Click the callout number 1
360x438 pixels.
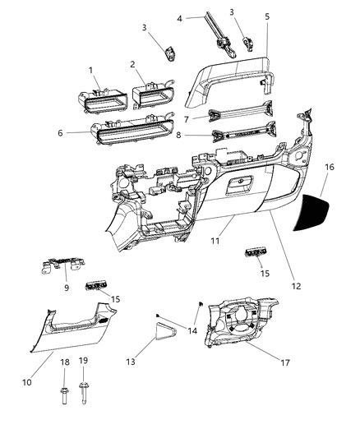(x=91, y=72)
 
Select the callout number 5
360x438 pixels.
(x=131, y=64)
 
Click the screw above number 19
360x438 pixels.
(x=84, y=399)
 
